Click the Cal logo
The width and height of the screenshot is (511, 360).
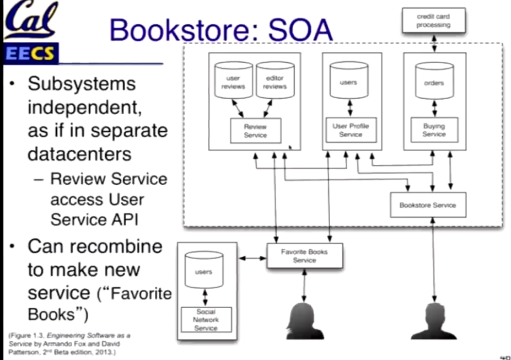pos(30,20)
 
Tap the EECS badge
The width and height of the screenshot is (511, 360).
pos(30,53)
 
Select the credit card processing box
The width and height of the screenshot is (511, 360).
pos(433,21)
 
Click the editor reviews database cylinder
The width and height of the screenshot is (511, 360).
pos(275,82)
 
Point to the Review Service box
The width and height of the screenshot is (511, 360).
pos(255,131)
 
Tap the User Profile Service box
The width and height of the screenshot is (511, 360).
pos(351,130)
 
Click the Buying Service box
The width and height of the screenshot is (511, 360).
pos(434,130)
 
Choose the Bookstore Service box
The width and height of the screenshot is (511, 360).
pos(428,205)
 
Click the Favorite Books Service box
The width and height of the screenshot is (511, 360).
pos(304,256)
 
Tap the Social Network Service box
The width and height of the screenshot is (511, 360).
pos(206,320)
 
